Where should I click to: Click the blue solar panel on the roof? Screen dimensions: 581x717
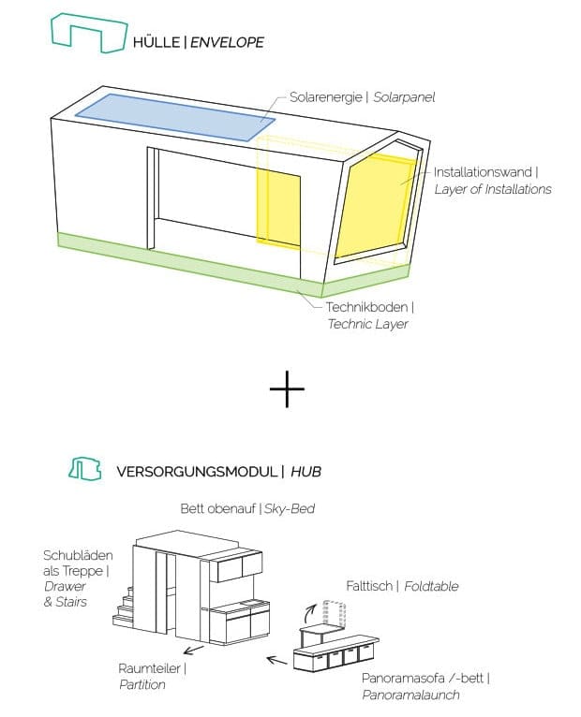coord(175,117)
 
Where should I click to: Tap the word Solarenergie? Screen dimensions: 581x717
coord(325,97)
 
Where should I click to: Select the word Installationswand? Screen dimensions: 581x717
coord(483,172)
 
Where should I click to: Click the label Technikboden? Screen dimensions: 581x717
coord(366,307)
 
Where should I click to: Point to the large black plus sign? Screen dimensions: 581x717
coord(287,389)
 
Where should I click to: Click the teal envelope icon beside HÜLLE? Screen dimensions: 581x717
coord(89,33)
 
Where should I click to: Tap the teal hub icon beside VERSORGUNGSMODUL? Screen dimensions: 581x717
coord(85,469)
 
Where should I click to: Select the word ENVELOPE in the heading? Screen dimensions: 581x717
coord(227,42)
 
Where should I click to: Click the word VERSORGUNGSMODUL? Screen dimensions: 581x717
coord(197,472)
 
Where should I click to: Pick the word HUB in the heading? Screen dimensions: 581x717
coord(305,472)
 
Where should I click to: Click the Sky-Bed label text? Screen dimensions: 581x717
coord(290,508)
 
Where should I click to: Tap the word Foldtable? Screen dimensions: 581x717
coord(431,586)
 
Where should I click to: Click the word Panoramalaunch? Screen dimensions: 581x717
coord(410,695)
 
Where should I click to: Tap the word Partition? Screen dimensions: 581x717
coord(142,684)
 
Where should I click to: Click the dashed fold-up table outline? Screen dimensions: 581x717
coord(334,615)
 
